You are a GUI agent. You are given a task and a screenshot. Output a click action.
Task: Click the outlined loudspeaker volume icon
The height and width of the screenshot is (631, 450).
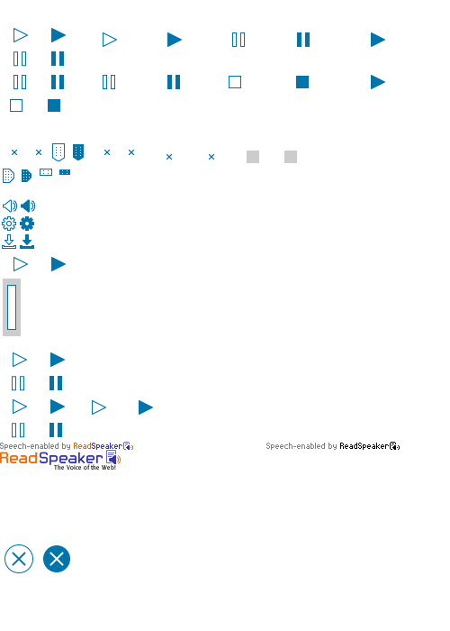[10, 206]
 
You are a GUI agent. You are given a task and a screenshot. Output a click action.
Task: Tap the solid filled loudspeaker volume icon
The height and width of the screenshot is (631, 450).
[28, 206]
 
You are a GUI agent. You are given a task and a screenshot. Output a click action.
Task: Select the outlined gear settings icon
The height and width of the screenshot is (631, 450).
[9, 224]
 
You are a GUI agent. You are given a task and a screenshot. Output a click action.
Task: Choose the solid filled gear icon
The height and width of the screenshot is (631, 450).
[27, 224]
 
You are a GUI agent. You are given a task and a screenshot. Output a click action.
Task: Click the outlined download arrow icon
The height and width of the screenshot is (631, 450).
[9, 242]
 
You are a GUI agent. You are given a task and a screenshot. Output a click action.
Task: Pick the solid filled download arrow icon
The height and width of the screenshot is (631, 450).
[27, 242]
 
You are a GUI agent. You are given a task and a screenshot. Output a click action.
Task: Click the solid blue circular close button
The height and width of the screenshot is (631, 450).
[57, 559]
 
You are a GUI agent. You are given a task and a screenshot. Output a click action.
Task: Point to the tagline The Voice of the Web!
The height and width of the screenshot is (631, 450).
[85, 467]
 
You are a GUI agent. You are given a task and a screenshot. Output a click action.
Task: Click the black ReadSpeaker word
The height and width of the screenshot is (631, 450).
[364, 446]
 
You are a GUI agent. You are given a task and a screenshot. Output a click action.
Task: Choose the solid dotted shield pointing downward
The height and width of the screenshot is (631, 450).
[78, 152]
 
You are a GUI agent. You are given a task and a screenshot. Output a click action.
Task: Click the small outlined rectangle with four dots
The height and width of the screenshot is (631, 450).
[46, 172]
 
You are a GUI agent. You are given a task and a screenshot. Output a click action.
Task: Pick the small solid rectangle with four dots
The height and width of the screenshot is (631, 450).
[65, 172]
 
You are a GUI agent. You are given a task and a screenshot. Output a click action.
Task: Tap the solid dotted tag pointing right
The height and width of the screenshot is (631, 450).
[26, 176]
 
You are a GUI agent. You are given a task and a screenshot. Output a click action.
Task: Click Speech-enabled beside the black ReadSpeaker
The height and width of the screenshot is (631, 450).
[295, 446]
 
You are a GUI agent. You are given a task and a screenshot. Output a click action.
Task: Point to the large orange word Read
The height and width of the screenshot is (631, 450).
[19, 458]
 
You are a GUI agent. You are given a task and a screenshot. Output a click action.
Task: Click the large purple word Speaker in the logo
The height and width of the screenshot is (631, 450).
[71, 459]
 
